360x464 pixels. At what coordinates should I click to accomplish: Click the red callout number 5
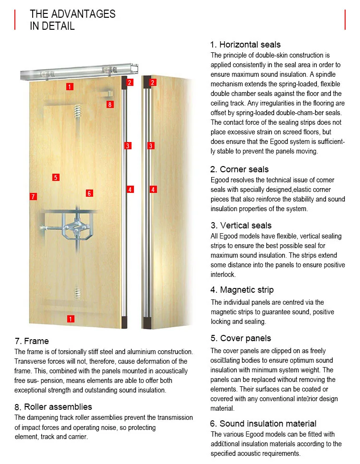(56, 178)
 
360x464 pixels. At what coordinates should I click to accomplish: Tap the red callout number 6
(89, 193)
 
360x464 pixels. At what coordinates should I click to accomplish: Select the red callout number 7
(33, 196)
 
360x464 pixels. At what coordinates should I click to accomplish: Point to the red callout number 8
(110, 104)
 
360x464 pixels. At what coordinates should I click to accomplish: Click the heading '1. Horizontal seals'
(245, 45)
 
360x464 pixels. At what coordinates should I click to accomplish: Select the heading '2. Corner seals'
(239, 169)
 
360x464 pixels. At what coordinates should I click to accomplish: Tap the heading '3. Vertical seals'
(240, 226)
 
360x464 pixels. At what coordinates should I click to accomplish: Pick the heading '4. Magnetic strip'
(242, 290)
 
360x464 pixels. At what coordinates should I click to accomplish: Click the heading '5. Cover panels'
(240, 338)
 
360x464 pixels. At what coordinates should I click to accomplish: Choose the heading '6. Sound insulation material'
(263, 423)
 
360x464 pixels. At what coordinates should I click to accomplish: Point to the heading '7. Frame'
(32, 341)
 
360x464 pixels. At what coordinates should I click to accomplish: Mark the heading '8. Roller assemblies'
(53, 407)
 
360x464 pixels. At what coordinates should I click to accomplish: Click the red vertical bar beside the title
(15, 20)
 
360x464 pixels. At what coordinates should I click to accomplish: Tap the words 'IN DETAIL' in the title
(52, 26)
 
